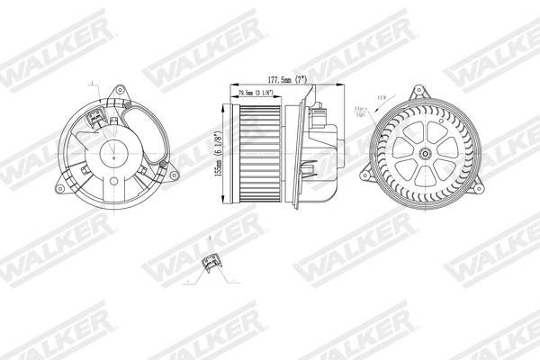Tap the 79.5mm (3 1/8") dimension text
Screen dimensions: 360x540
(256, 92)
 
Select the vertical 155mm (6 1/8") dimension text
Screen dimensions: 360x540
(218, 155)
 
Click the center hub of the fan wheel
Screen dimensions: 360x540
(424, 153)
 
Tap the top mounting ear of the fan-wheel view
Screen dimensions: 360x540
(417, 93)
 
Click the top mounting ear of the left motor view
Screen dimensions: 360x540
(118, 93)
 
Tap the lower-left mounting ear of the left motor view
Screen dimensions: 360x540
(59, 184)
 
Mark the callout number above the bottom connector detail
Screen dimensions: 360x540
(208, 238)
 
